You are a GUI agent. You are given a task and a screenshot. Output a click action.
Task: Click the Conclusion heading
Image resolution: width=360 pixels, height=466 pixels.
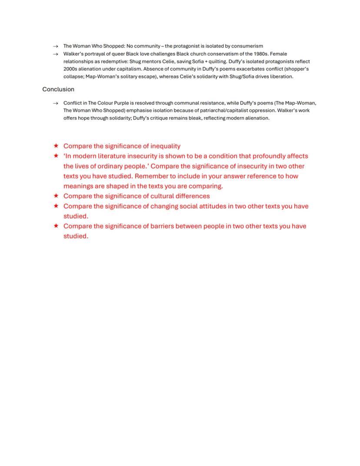tap(58, 89)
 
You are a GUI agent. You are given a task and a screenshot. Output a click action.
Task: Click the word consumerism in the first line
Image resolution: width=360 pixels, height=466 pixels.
tap(247, 46)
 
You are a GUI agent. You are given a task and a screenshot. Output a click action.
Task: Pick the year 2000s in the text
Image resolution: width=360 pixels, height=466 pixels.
tap(71, 69)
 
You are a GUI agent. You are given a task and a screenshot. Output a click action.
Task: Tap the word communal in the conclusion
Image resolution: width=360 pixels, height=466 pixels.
tap(187, 103)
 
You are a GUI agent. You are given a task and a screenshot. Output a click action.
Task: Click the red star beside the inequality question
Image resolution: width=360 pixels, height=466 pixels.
tap(56, 146)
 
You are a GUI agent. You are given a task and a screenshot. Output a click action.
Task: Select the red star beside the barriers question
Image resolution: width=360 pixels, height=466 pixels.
tap(56, 226)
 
